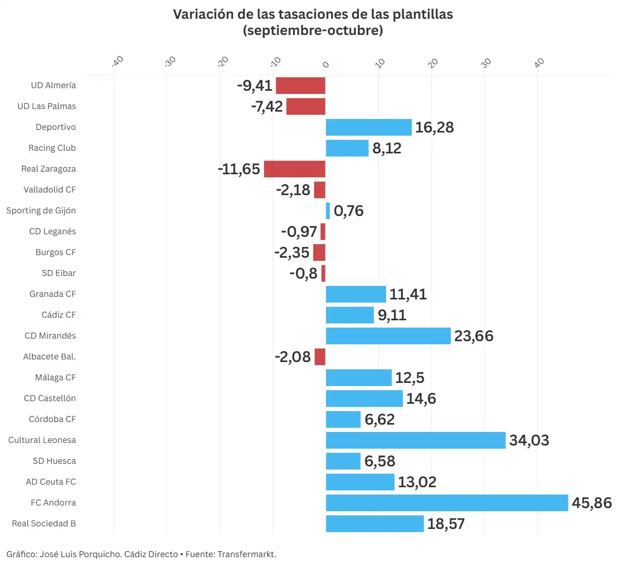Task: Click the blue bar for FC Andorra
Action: [x=447, y=503]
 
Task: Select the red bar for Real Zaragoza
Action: [x=295, y=169]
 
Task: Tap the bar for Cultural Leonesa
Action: [x=416, y=440]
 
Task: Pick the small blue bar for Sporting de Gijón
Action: [x=328, y=211]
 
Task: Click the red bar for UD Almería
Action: [x=300, y=86]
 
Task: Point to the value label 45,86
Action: [x=592, y=503]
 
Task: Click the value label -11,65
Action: [x=239, y=169]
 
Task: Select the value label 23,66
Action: [x=474, y=336]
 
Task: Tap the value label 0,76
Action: [x=348, y=211]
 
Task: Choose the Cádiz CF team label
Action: [x=59, y=315]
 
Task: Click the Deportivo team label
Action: [x=56, y=127]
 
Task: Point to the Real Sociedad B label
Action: [x=44, y=524]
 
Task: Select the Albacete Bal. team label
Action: [x=50, y=357]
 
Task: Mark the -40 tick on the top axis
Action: [x=117, y=62]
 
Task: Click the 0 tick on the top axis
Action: [x=326, y=65]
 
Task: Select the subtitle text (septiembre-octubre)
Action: [x=313, y=30]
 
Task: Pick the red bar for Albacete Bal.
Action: [x=320, y=357]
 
